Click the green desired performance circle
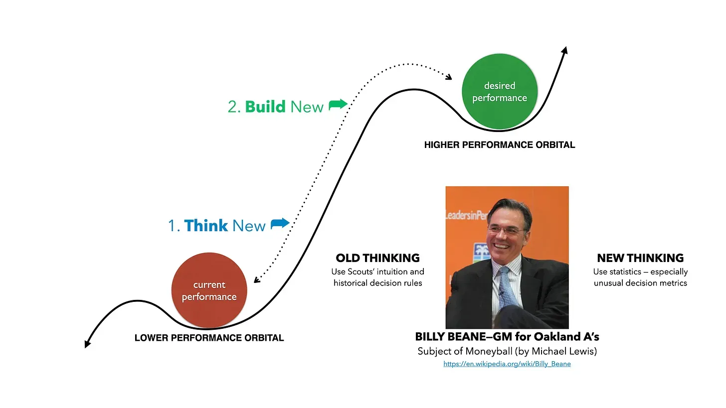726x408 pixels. [500, 92]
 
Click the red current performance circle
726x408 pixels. [209, 290]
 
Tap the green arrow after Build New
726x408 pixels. [338, 105]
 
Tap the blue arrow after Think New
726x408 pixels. [280, 223]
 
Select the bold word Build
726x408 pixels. [265, 107]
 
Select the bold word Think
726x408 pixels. [206, 225]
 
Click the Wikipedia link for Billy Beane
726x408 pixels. [507, 364]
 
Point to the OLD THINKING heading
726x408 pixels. [377, 258]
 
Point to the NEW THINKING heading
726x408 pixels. [640, 258]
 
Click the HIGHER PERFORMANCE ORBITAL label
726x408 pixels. [500, 145]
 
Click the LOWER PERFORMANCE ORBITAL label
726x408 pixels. [209, 338]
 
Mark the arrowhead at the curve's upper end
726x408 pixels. [565, 50]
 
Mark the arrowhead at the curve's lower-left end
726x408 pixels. [87, 344]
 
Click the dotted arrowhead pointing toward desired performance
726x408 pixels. [449, 77]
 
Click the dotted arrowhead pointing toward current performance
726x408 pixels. [256, 279]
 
